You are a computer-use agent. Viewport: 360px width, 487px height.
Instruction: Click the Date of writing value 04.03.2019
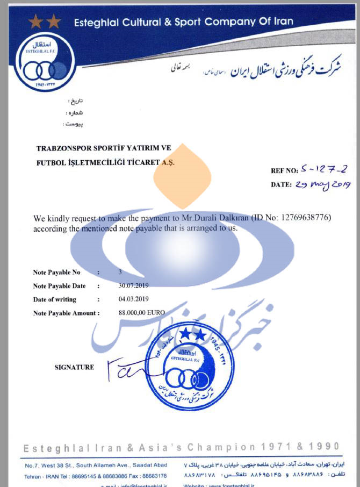134,299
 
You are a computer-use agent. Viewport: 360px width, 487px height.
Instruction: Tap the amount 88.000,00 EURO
142,312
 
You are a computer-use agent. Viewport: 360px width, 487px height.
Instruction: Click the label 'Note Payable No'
56,273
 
